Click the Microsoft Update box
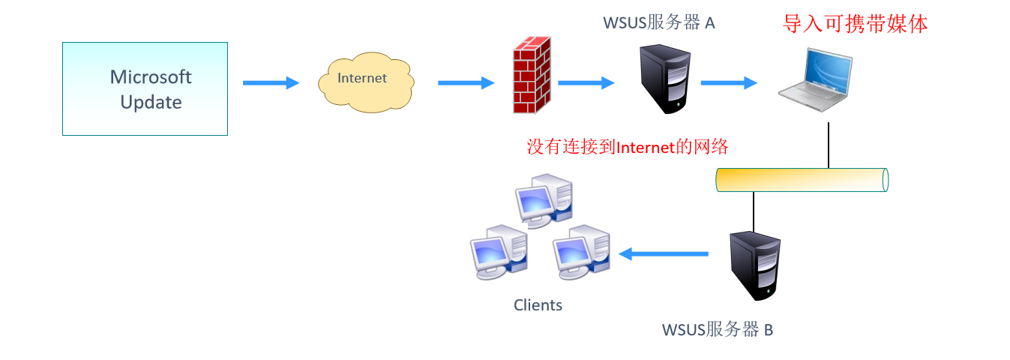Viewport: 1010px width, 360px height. point(145,88)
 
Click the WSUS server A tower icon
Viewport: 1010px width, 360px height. point(663,78)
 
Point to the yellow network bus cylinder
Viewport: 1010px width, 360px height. point(802,180)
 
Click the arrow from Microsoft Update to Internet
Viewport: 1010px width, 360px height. point(271,83)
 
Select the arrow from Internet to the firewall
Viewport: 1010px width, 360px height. point(466,83)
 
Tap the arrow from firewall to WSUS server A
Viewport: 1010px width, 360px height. point(586,83)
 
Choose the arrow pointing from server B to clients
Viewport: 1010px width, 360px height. point(663,254)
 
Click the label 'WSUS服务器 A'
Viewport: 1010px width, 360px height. point(659,22)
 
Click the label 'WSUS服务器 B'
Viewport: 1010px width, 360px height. point(718,329)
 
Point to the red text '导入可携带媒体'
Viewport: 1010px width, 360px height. point(856,24)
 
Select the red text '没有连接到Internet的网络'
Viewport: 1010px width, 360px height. point(628,147)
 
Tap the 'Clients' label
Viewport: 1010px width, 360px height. point(538,305)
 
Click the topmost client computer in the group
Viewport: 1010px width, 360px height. point(543,199)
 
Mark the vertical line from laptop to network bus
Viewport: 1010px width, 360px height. point(829,145)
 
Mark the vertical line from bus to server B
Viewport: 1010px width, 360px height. point(754,211)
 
